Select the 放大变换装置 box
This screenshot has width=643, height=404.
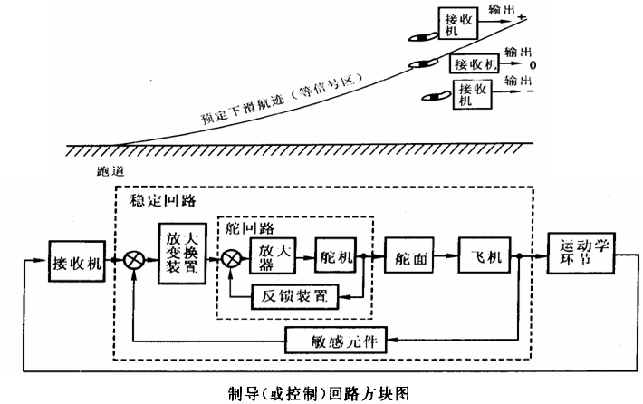(177, 255)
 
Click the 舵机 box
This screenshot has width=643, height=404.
(336, 257)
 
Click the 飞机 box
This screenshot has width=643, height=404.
(485, 256)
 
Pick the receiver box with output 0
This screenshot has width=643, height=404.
(475, 64)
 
